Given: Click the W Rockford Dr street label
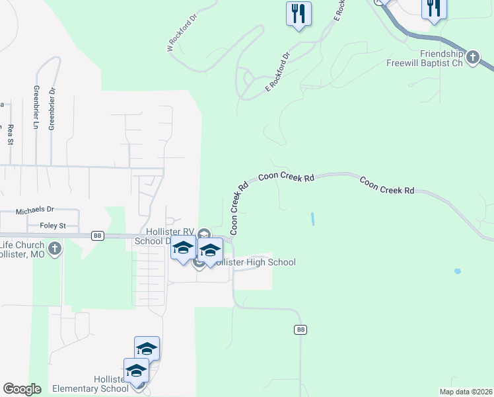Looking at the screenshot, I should coord(182,35).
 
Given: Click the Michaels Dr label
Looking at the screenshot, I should coord(34,210).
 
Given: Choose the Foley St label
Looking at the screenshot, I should coord(53,226).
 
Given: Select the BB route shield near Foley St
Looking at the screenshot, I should coord(98,236).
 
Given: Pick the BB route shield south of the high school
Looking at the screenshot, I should coord(301,329).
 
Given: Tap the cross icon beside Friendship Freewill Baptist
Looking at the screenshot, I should coord(472,58).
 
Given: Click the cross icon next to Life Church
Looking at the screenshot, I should coord(55,249).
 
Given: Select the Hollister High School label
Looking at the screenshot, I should coord(255,263).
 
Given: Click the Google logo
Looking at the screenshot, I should coord(22,389).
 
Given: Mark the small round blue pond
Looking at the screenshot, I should coord(457,271).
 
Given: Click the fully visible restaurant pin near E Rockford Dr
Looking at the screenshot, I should coord(299,14).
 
